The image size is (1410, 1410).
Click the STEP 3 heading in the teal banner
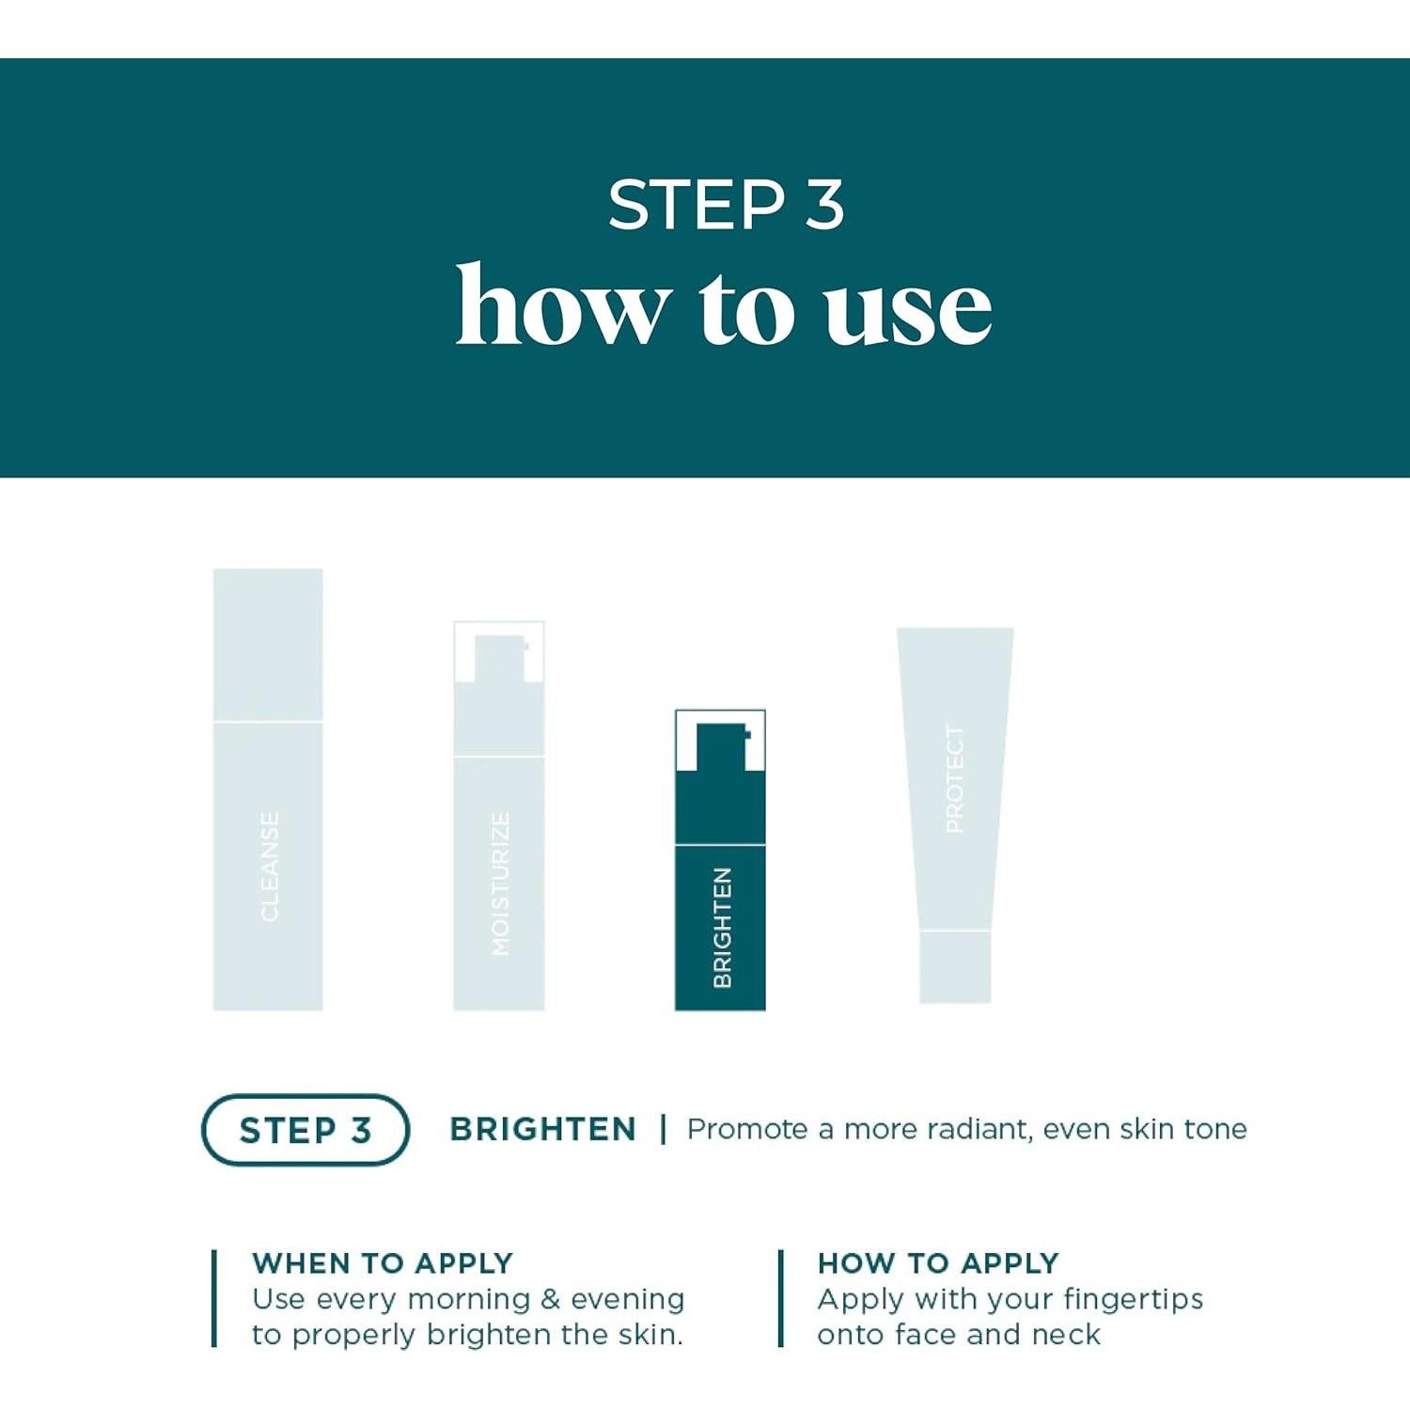pyautogui.click(x=725, y=204)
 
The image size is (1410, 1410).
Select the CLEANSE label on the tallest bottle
pyautogui.click(x=269, y=867)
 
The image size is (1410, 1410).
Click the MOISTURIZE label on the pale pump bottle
pyautogui.click(x=500, y=884)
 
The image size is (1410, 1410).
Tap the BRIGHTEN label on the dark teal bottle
pyautogui.click(x=721, y=928)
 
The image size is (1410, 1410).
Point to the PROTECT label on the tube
pyautogui.click(x=954, y=779)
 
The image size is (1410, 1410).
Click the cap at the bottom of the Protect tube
pyautogui.click(x=954, y=966)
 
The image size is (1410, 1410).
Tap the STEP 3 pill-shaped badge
pyautogui.click(x=305, y=1130)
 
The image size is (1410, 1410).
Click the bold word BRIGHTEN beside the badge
pyautogui.click(x=542, y=1129)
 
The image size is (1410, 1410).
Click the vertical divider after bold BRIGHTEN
pyautogui.click(x=664, y=1129)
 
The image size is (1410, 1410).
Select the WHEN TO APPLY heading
pyautogui.click(x=383, y=1262)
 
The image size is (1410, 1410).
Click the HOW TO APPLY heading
pyautogui.click(x=938, y=1262)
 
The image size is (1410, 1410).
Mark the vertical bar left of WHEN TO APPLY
pyautogui.click(x=215, y=1298)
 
